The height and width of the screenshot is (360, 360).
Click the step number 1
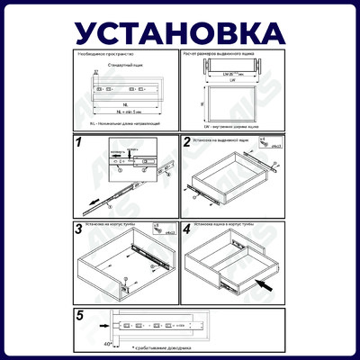point(79,142)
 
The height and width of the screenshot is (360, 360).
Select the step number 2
point(187,142)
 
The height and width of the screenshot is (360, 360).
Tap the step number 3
point(79,229)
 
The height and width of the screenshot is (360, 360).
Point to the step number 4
point(187,229)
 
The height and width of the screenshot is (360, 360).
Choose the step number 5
point(79,315)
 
